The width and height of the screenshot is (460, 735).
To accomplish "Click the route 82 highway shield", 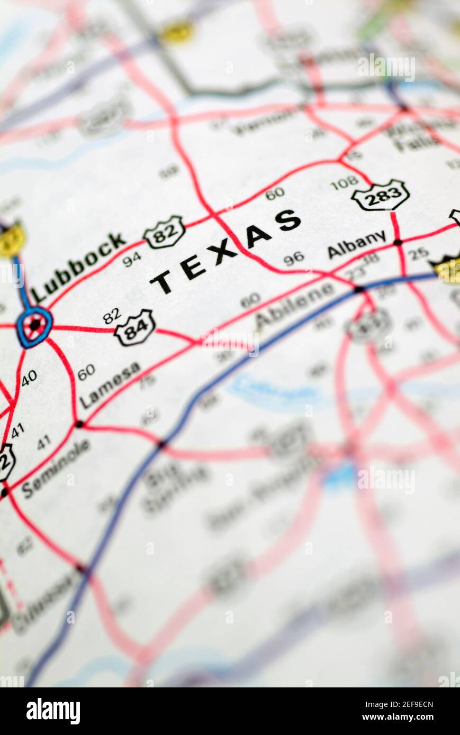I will pos(164,232).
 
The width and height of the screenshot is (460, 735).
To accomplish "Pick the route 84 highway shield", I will pos(134,328).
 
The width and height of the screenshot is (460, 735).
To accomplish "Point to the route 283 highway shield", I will pos(381,195).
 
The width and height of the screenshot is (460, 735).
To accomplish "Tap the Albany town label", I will pos(356,244).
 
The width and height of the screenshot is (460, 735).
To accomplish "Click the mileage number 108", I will pos(344,183).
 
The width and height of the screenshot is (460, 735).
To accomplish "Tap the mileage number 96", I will pos(293,258).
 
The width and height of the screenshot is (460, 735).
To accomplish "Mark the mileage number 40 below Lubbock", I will pos(29,378).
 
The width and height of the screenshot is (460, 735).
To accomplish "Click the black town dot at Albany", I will pos(398,242).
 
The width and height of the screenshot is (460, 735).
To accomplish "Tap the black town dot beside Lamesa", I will pos(79,424).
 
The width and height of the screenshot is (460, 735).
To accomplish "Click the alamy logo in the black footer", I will pos(53,711).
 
